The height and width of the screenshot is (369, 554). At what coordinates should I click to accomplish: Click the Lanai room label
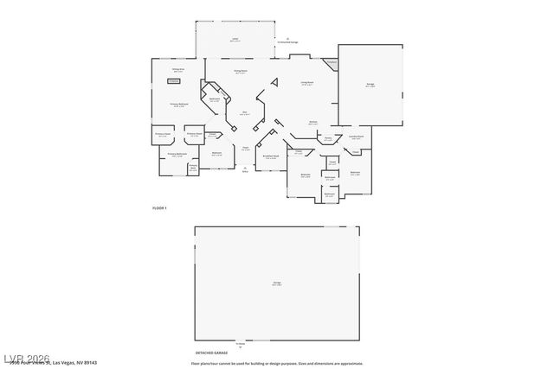click(x=234, y=39)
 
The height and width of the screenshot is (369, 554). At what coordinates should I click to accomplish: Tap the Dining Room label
click(x=241, y=72)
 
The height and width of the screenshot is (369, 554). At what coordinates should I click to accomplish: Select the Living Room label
click(x=306, y=83)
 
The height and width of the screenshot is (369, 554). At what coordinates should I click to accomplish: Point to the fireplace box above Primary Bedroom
click(x=174, y=80)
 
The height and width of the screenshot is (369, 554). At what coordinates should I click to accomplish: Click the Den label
click(x=245, y=113)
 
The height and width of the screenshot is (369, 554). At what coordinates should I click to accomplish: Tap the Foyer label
click(x=246, y=149)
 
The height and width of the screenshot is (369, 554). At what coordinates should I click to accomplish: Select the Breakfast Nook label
click(x=270, y=156)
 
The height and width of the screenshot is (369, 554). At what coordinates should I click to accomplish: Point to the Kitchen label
click(x=313, y=123)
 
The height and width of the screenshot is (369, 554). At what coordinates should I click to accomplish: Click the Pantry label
click(x=329, y=137)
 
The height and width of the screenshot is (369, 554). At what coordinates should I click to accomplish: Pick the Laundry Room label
click(x=355, y=137)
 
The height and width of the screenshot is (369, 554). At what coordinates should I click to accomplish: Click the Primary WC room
click(x=193, y=167)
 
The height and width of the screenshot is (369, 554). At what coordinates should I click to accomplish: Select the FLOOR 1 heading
click(x=159, y=209)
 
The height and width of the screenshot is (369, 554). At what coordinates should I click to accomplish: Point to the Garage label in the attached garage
click(x=370, y=86)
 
